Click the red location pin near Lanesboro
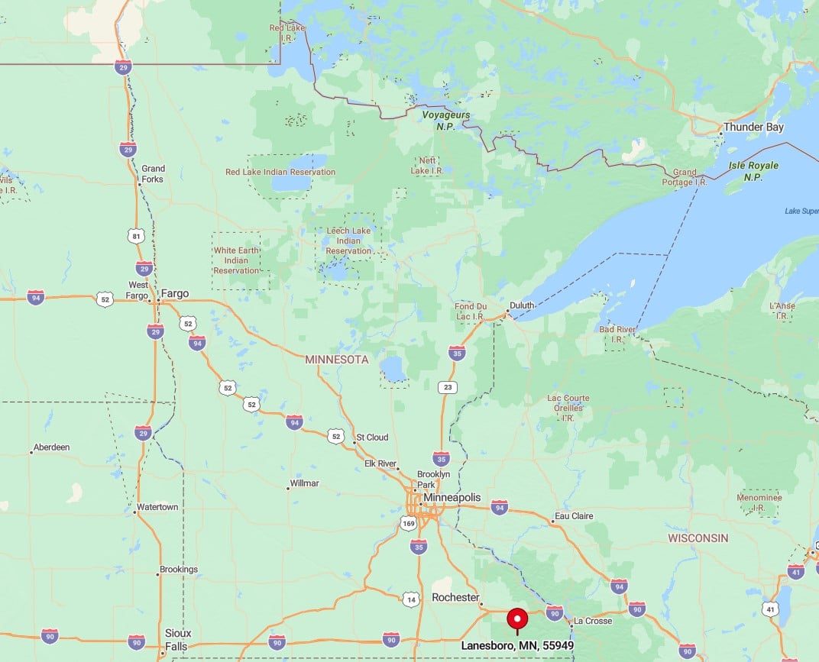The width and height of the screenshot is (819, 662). point(518,618)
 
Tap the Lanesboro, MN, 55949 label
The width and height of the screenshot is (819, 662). point(517,645)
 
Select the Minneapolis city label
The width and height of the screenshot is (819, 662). point(457,497)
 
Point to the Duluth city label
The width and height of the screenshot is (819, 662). point(523,305)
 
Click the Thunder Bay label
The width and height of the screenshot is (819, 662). point(753,128)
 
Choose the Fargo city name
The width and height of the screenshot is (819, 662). point(175,293)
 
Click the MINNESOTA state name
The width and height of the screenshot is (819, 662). point(336,359)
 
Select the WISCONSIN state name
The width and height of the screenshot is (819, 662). point(698,538)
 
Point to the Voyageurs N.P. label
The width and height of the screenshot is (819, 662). point(446,120)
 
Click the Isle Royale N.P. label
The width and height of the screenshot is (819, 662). point(754,171)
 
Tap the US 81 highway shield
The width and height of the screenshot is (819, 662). point(136,236)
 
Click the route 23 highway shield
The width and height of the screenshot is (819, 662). point(447,387)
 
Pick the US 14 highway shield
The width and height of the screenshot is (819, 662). point(412,599)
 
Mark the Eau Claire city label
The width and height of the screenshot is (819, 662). point(574,516)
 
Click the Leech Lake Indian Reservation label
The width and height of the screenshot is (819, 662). point(348,241)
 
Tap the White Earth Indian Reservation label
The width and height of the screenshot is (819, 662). point(236,260)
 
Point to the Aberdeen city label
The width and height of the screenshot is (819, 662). point(52,447)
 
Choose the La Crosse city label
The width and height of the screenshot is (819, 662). point(593,621)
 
